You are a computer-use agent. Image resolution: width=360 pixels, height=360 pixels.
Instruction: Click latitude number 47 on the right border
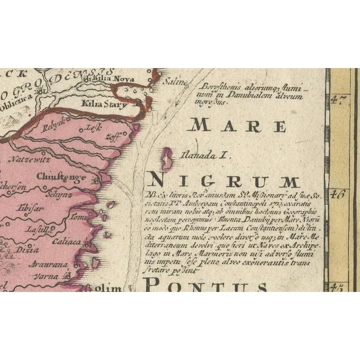(x=340, y=102)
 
